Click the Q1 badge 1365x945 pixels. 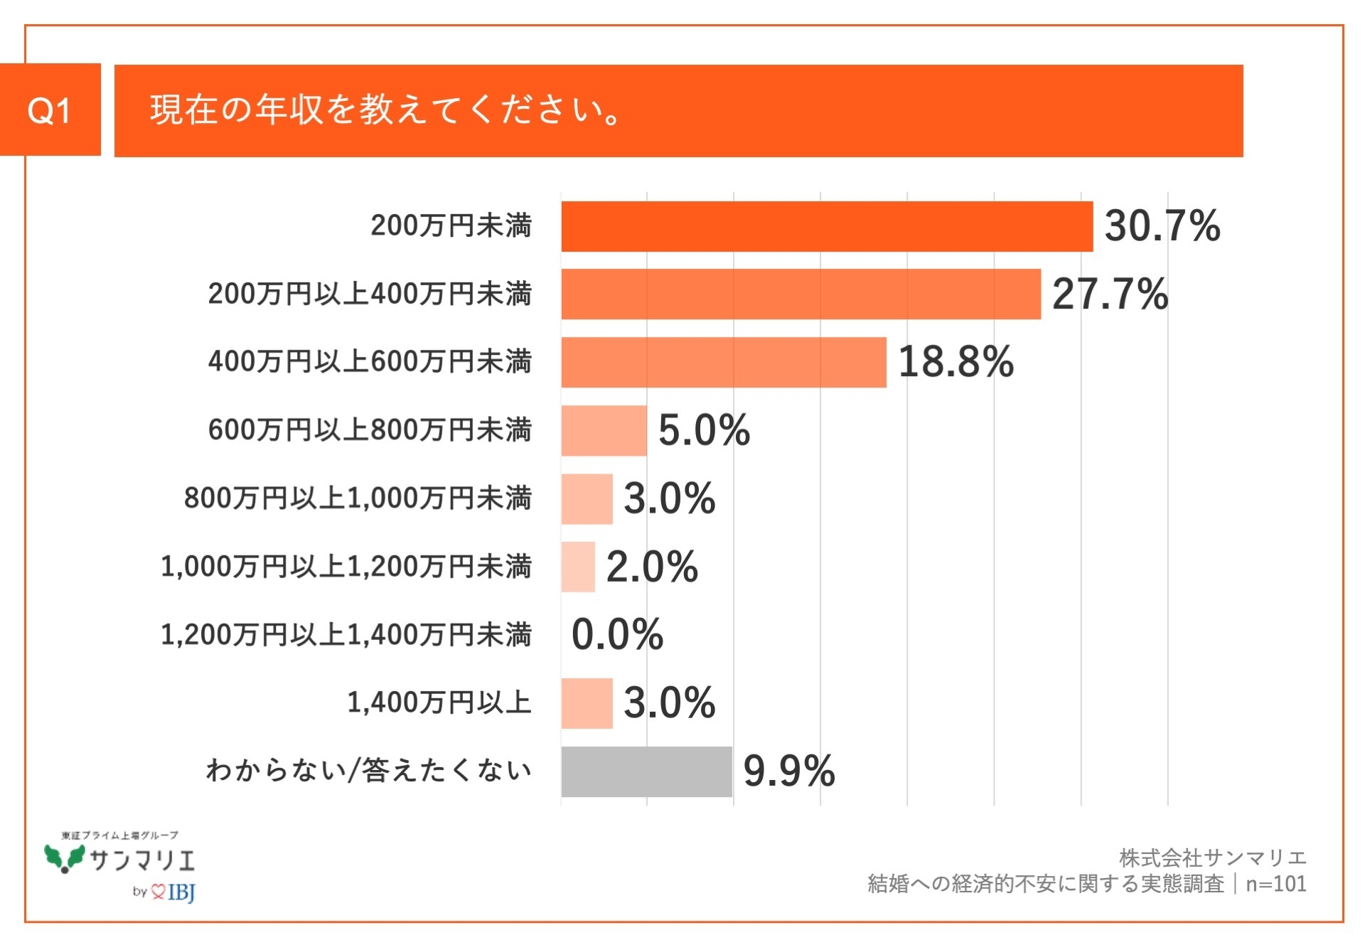[50, 110]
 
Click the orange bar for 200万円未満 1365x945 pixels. [826, 226]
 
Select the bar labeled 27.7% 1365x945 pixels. [801, 294]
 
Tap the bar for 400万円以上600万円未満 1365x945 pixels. [723, 362]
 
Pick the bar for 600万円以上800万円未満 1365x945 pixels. [604, 430]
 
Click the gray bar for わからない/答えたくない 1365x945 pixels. [646, 772]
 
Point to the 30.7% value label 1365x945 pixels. [1162, 226]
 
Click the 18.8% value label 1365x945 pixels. [955, 362]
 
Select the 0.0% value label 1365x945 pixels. [617, 634]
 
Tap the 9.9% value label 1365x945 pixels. [788, 772]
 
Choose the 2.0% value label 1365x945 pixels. [651, 567]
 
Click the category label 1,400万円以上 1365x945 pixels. [439, 703]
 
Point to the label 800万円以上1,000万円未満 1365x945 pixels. [358, 498]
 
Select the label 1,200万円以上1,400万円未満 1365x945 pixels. [346, 634]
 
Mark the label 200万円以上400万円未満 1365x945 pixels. [370, 294]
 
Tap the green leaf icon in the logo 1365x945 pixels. [65, 858]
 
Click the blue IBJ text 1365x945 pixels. [181, 892]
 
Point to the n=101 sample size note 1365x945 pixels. [1275, 884]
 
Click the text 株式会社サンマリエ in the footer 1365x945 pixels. [1212, 858]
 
